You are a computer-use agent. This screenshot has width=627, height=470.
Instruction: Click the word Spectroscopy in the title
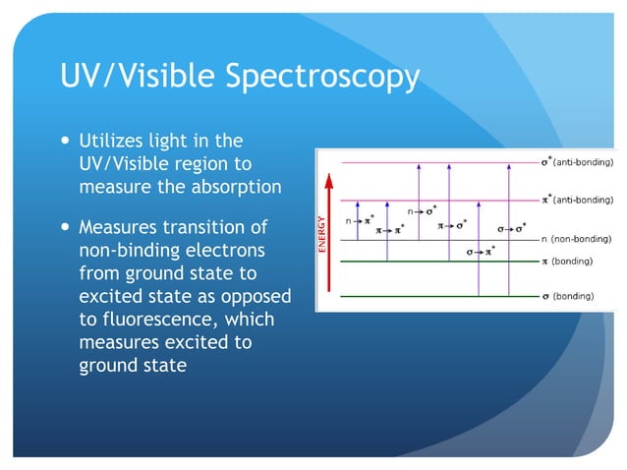point(323,77)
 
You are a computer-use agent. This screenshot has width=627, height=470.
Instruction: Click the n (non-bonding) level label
point(577,238)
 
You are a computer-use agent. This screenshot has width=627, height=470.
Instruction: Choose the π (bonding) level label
point(571,262)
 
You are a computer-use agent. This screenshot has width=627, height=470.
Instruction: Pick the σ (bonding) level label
point(571,295)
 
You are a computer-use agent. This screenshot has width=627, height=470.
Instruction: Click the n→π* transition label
point(360,221)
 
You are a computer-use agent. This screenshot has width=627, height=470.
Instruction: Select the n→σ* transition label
point(423,210)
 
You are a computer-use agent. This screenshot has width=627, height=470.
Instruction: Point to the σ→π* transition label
point(481,252)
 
